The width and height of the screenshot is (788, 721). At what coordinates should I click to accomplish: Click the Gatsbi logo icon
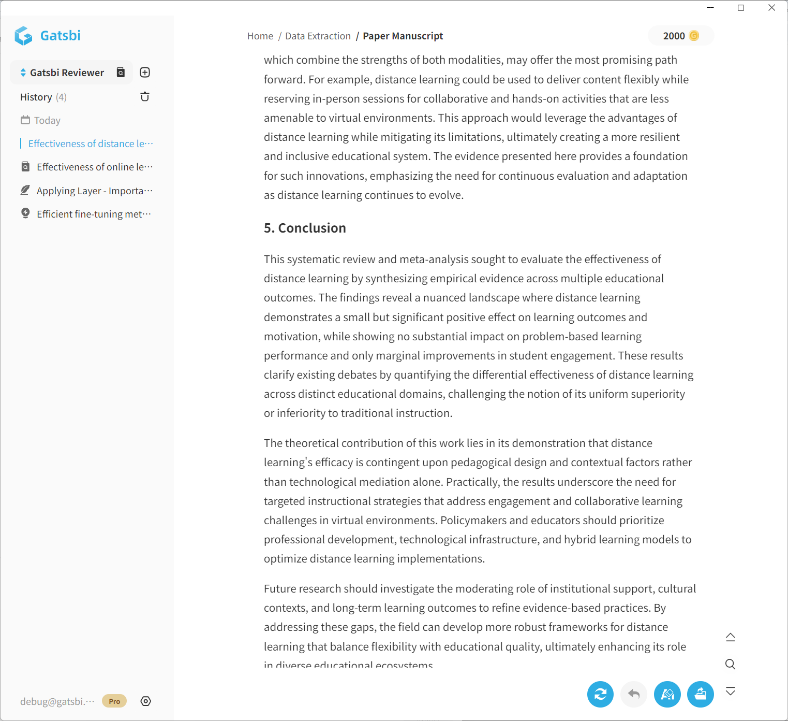coord(23,36)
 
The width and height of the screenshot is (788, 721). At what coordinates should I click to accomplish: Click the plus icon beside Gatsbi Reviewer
coord(145,73)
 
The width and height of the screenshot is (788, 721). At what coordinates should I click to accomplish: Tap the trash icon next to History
coord(145,97)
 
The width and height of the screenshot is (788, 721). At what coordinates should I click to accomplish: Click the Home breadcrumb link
coord(260,36)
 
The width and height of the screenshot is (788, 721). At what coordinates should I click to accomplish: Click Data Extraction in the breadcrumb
coord(318,36)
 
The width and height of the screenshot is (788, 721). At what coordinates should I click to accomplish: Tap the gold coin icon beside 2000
coord(694,36)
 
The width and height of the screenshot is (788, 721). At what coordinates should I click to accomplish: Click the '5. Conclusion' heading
coord(305,228)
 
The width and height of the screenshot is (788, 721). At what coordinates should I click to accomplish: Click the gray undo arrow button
coord(634,694)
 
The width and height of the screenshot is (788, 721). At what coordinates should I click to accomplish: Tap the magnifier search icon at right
coord(730,664)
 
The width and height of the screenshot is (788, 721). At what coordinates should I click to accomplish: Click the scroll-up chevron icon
coord(730,637)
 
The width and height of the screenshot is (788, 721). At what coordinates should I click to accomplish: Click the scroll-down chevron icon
coord(730,691)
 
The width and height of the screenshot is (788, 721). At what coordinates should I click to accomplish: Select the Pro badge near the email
coord(114,701)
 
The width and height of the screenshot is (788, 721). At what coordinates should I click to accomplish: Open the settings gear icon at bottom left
coord(146,701)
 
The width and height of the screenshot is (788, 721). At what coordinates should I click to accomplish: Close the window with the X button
coord(771,8)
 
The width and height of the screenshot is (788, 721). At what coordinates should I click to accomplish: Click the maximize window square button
coord(741,8)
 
